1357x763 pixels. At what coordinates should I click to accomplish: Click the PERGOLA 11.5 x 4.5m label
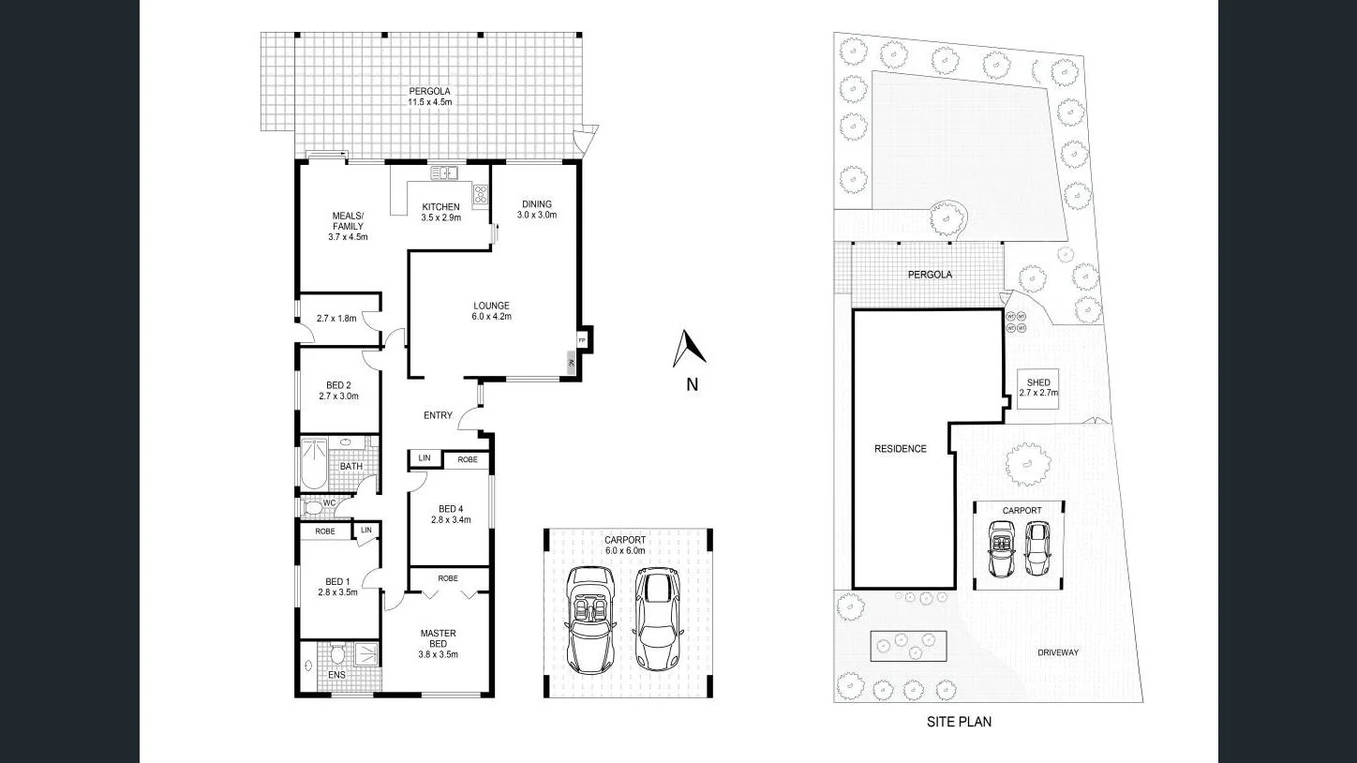tap(430, 95)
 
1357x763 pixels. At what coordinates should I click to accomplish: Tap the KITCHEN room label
tap(440, 212)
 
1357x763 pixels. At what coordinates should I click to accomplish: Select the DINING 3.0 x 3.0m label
tap(537, 209)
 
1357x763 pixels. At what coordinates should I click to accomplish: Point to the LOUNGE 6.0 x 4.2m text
tap(491, 310)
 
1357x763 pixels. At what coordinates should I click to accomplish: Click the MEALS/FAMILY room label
tap(348, 226)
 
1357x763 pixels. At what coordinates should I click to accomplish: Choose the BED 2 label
tap(338, 390)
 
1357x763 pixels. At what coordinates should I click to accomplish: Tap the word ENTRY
tap(438, 415)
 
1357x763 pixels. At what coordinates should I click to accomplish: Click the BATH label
tap(351, 466)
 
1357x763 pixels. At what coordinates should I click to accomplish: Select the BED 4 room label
tap(451, 514)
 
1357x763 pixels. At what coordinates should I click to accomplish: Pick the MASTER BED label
tap(438, 643)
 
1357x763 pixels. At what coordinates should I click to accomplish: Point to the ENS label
tap(336, 674)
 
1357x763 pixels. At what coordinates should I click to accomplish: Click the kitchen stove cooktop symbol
tap(481, 195)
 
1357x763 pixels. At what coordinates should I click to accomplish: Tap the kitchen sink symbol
tap(443, 172)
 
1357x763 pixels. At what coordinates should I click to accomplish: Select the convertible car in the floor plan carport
tap(589, 620)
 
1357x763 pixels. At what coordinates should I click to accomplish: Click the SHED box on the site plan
tap(1038, 387)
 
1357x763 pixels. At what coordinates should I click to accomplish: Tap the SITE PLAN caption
tap(959, 722)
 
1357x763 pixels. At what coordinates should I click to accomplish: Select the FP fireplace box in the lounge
tap(582, 339)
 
